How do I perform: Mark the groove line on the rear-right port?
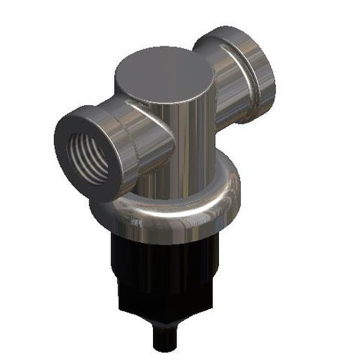click(241, 82)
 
